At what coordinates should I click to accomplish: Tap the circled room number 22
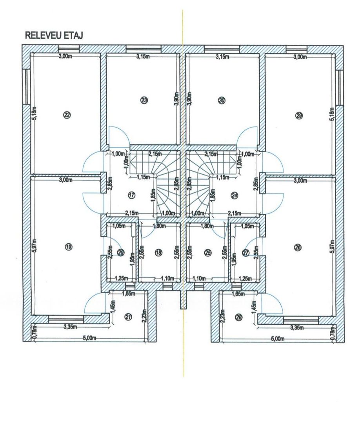[66, 115]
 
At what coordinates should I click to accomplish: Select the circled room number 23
[144, 101]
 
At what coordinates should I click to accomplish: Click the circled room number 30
[222, 101]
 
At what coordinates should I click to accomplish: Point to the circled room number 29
[300, 115]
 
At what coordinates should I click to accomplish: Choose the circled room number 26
[297, 247]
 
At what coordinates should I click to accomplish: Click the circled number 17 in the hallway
[131, 194]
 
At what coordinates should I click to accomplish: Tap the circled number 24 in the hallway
[235, 194]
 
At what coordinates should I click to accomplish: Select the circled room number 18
[158, 253]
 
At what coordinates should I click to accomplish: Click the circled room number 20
[120, 252]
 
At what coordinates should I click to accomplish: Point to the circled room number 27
[246, 252]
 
